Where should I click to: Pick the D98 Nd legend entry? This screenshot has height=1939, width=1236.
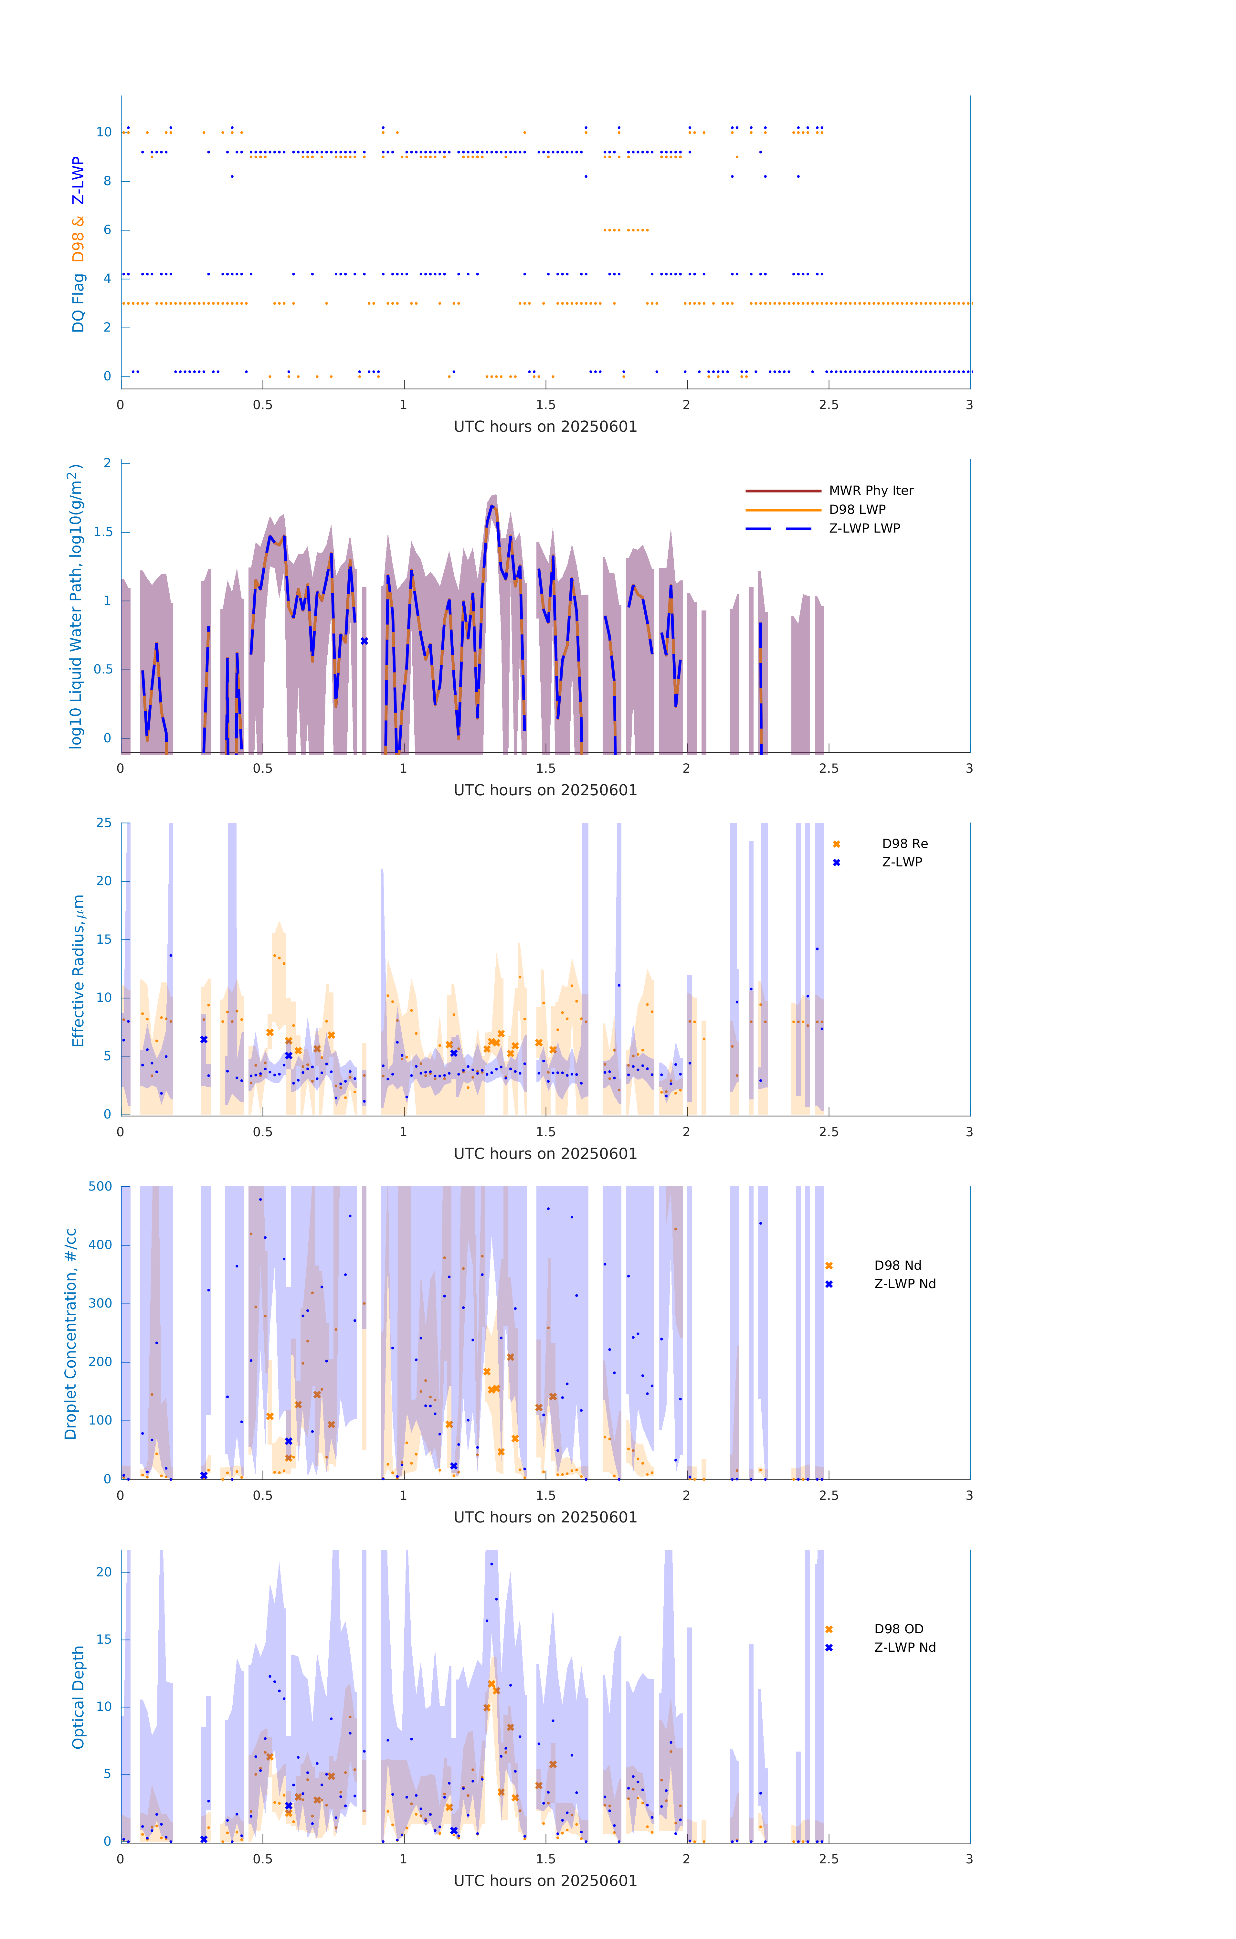coord(897,1266)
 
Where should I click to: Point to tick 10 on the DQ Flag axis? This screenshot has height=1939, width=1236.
coord(104,132)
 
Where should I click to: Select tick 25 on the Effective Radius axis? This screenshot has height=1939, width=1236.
coord(104,823)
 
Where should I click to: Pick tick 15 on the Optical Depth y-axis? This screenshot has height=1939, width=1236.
coord(104,1639)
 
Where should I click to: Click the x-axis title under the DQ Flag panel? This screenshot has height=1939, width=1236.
coord(545,427)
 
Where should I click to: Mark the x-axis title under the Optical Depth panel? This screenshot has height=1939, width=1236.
coord(545,1881)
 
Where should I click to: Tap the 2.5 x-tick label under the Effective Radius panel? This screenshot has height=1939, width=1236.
coord(829,1132)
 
